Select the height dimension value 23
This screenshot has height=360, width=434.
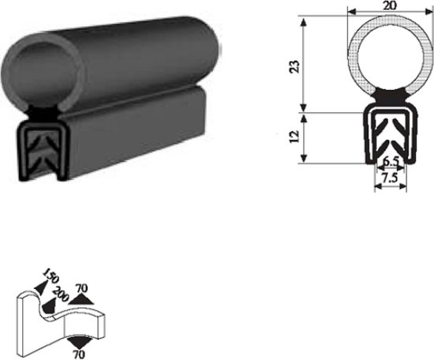294,66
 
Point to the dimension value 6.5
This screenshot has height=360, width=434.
389,163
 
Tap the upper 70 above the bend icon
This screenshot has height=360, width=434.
80,289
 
